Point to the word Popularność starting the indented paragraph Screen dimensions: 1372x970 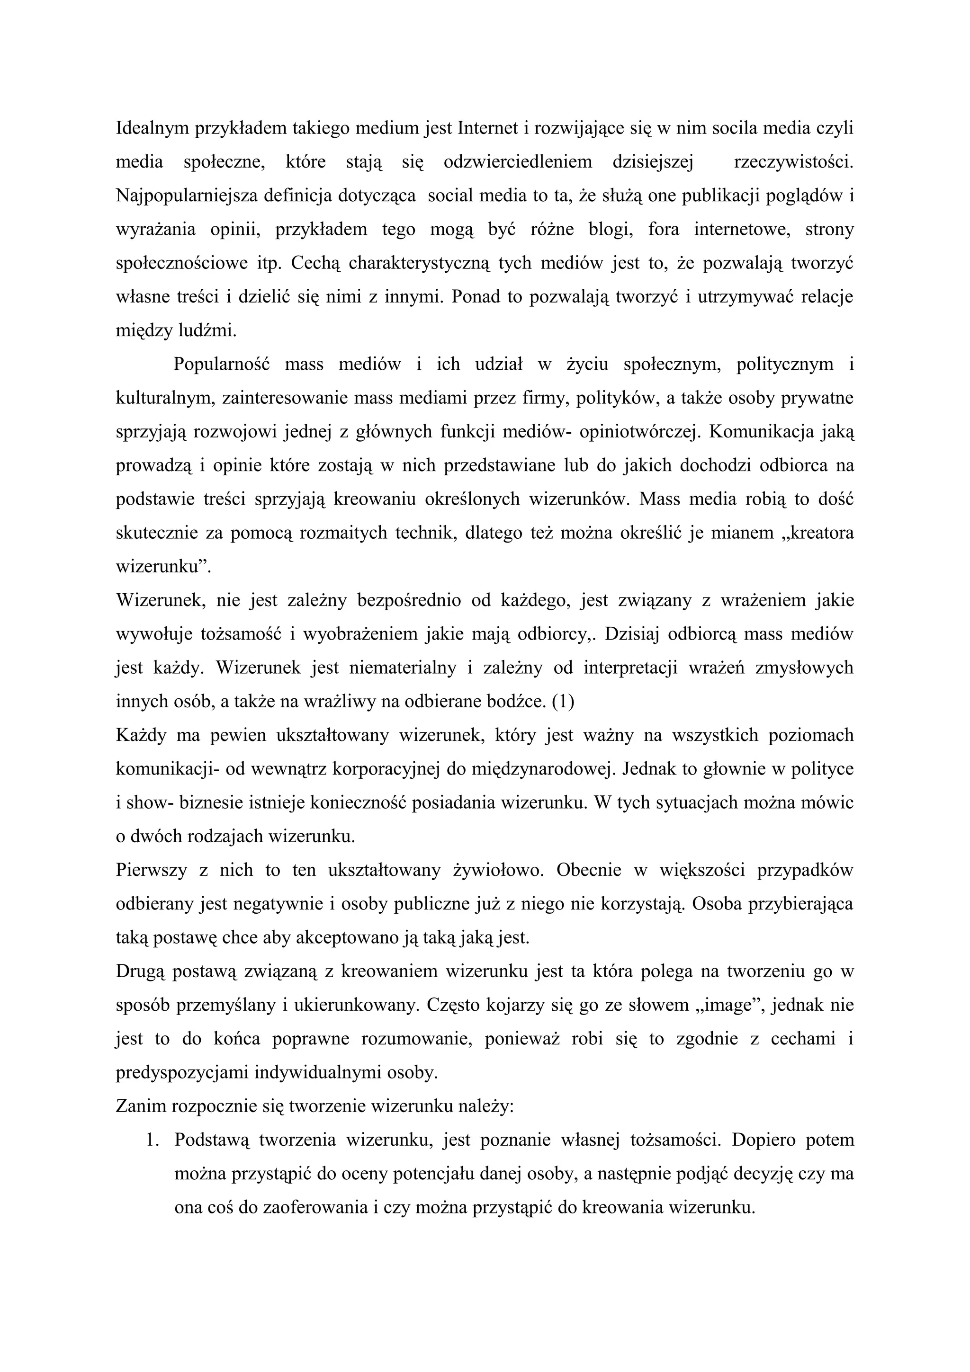pyautogui.click(x=222, y=365)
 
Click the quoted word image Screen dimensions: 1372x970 pyautogui.click(x=730, y=1005)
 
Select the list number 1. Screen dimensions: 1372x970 pyautogui.click(x=152, y=1140)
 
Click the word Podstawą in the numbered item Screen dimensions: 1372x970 pyautogui.click(x=210, y=1140)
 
